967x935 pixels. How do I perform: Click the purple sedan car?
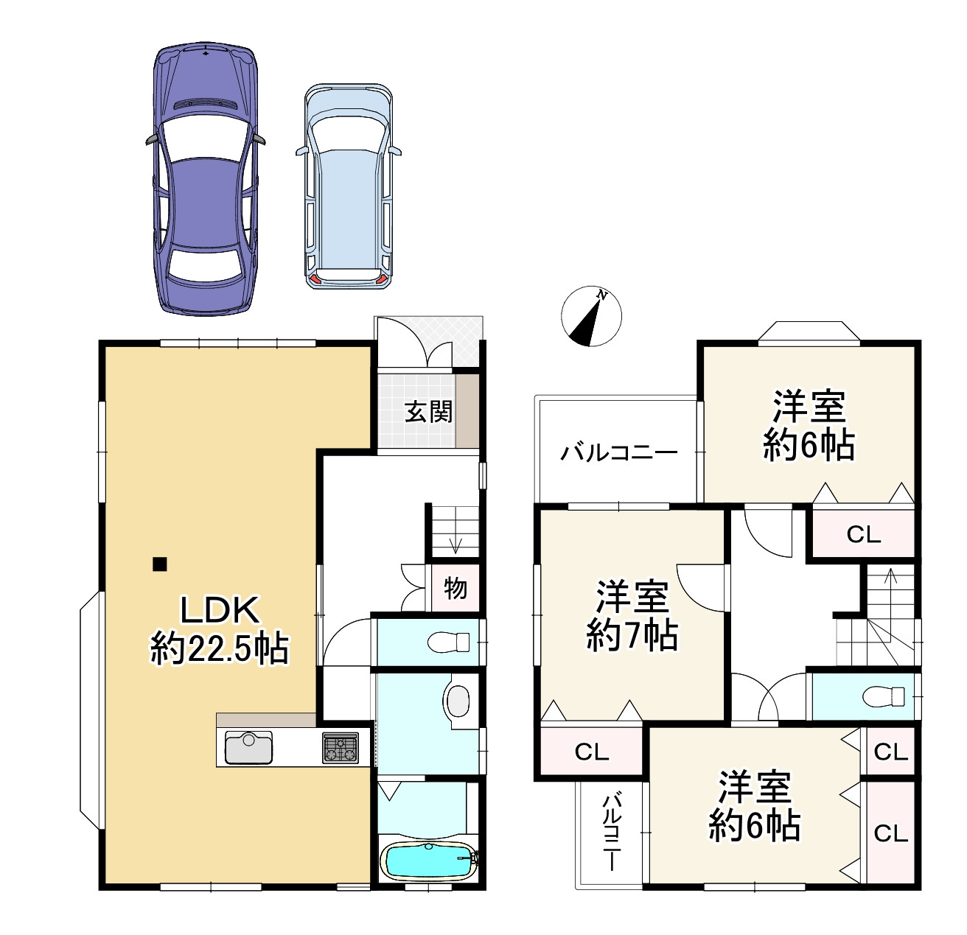206,181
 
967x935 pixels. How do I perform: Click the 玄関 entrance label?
428,411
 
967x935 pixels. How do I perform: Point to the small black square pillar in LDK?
159,564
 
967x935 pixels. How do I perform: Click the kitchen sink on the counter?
248,748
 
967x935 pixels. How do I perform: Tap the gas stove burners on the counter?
340,748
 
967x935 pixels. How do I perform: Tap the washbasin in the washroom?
457,701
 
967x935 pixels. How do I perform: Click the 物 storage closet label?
455,588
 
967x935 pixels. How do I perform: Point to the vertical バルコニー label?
612,833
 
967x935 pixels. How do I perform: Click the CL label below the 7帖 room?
592,752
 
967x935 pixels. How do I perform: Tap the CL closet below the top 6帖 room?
864,534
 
